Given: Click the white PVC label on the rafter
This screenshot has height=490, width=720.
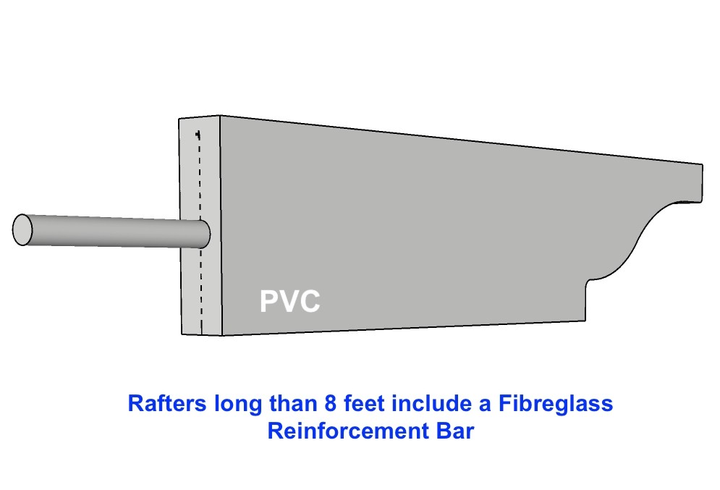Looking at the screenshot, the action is click(289, 301).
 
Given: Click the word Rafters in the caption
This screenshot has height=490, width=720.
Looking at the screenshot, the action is click(167, 404).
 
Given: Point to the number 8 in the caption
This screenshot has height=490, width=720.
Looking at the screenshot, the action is click(331, 404).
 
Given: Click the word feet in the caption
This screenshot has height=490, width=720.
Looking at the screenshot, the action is click(364, 404).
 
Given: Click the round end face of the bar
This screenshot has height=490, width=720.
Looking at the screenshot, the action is click(22, 229).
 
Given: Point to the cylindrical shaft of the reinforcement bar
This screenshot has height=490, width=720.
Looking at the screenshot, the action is click(110, 232).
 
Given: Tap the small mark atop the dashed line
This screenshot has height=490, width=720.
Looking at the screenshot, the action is click(198, 135).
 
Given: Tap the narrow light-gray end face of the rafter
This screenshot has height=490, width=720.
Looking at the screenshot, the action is click(200, 226).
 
